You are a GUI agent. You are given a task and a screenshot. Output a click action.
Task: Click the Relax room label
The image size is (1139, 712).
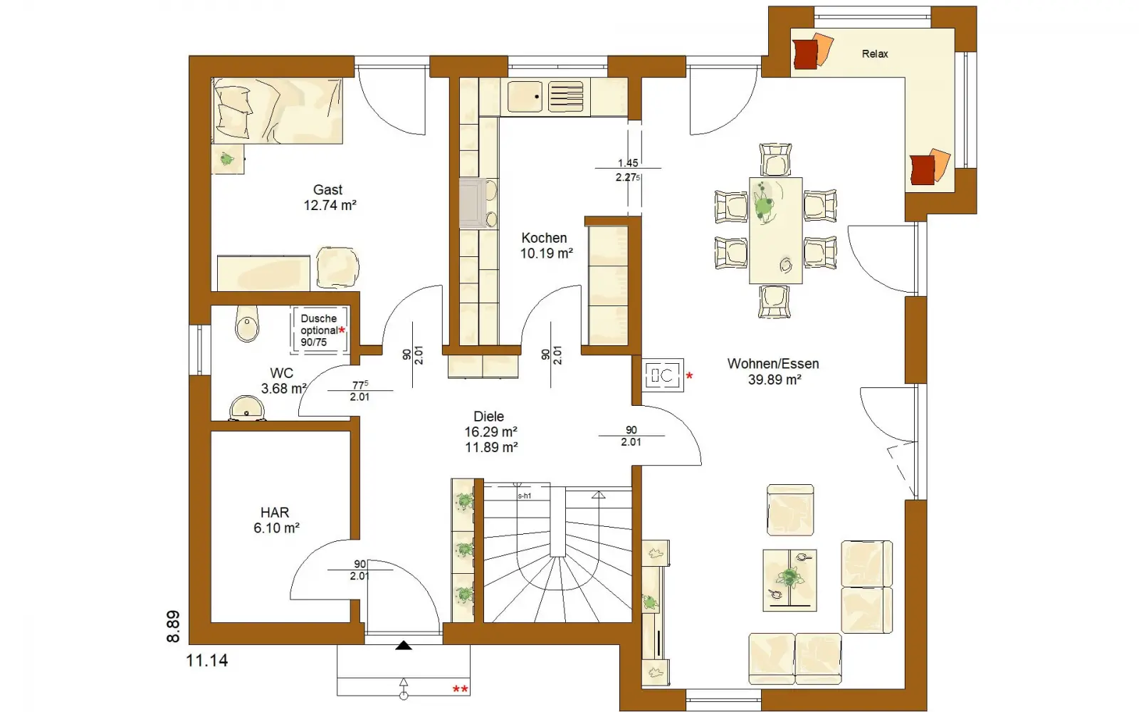pos(875,54)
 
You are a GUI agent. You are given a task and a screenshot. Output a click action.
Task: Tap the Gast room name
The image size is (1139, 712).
pos(327,189)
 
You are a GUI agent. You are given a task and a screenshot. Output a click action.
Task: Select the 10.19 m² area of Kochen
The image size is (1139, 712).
pos(547,253)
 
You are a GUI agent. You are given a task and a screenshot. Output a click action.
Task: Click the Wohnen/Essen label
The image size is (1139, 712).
pos(773,364)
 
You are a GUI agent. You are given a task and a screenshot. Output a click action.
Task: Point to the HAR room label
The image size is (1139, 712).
pos(275,512)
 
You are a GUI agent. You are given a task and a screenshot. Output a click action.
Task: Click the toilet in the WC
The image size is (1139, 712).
pos(247,323)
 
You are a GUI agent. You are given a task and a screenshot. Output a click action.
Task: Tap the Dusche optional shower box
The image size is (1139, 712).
pos(320,330)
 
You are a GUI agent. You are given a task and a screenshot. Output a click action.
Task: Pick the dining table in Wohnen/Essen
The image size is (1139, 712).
pos(775,231)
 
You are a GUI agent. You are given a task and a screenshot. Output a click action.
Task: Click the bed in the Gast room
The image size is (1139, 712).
pos(277,110)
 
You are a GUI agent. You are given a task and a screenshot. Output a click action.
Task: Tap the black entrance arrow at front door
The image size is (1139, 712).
pos(404,645)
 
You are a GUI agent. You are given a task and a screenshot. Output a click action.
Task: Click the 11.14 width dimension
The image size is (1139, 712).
pos(207,661)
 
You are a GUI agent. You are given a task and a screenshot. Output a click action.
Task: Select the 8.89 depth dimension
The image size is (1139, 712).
pos(173,627)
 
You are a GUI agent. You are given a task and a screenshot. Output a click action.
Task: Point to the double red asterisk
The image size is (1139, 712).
pos(460,690)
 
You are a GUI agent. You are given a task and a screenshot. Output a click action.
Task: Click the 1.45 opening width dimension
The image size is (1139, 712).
pos(628,163)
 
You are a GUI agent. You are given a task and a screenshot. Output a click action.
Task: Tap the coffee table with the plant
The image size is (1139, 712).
pos(789,580)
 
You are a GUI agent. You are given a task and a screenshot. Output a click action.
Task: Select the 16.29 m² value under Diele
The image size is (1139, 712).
pos(490,431)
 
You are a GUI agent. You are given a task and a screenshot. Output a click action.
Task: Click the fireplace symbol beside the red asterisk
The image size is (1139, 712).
pos(663,376)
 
